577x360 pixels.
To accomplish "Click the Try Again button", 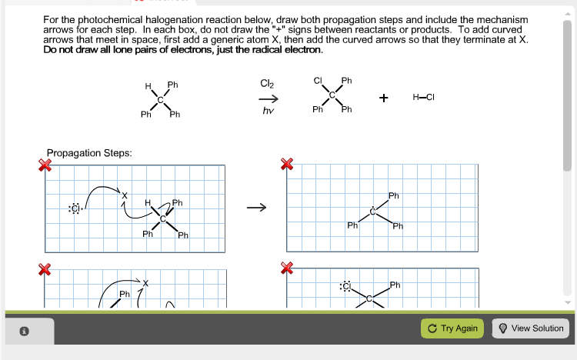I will (x=453, y=328).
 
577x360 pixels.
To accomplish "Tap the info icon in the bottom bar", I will (x=24, y=332).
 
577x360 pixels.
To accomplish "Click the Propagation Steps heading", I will (x=89, y=153).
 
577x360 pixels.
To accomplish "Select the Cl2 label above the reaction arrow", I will (x=267, y=83).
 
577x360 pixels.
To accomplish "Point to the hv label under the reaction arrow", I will (x=268, y=112).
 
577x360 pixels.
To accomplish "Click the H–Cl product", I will (x=424, y=97).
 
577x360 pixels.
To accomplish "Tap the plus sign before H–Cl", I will (x=383, y=98).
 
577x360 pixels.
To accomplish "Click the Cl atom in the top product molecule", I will (x=317, y=81).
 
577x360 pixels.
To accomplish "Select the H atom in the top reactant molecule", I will (x=148, y=87).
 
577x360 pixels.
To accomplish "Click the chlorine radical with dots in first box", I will (x=75, y=208).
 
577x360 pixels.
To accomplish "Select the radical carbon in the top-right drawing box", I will (x=373, y=211).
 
